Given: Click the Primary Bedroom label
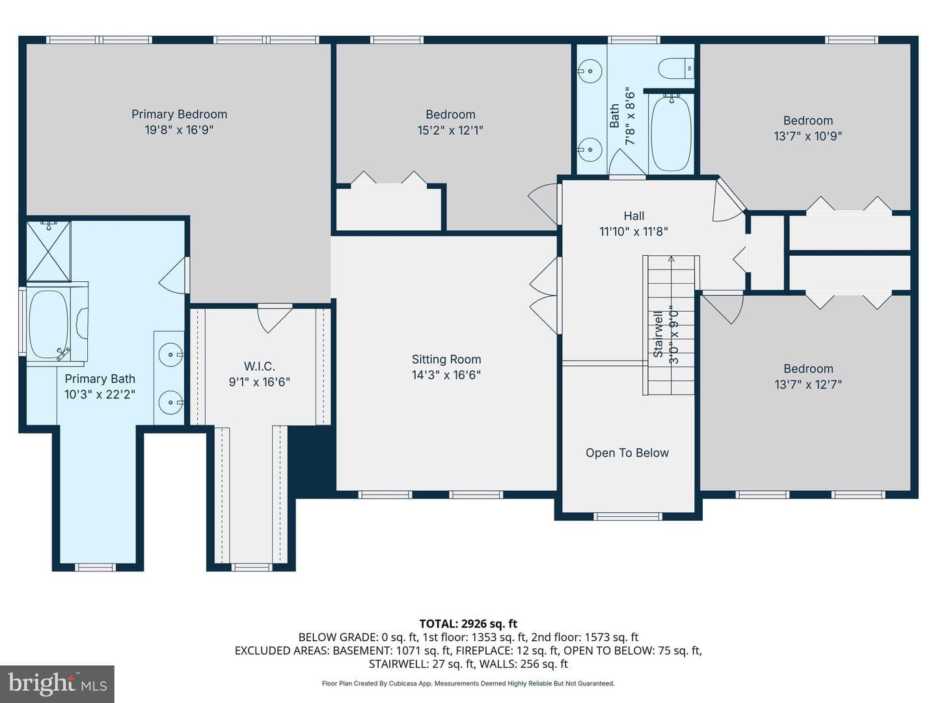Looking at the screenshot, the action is coord(180,115).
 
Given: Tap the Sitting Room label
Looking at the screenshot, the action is coord(446,359).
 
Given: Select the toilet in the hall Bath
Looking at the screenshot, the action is coord(676,69).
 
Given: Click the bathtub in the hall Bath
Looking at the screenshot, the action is coord(671,134).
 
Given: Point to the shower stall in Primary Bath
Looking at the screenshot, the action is coord(49,251).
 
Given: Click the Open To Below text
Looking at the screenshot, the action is coord(627,453).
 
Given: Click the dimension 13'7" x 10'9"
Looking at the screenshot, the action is coord(808,136).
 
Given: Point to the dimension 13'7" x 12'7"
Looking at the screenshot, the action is coord(808,385).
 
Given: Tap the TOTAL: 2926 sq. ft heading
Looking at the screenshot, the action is coord(468,624).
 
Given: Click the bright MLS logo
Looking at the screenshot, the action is coord(57,683).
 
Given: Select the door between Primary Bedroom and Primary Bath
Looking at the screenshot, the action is coord(174,275).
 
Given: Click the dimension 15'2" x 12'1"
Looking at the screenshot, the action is coord(450,130).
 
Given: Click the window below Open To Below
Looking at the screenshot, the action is coord(627,516).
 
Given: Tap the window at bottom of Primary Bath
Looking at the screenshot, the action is coord(95,567).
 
